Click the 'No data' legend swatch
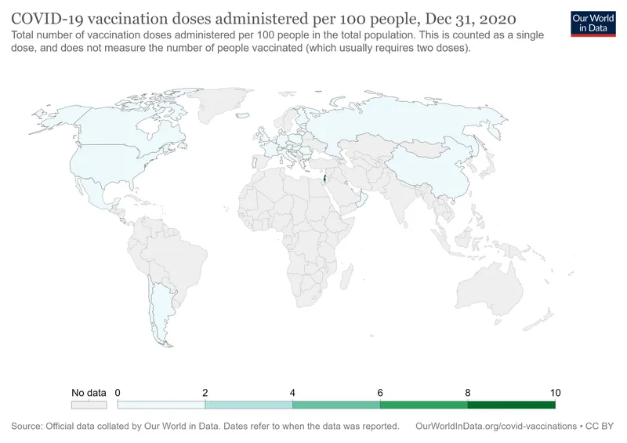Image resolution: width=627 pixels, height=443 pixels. click(x=89, y=405)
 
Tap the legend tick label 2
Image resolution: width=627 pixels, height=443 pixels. click(x=205, y=392)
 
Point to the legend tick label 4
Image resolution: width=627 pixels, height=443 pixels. click(x=292, y=392)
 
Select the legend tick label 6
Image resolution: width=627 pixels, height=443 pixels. click(x=380, y=392)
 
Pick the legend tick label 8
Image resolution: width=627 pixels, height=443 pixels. click(x=468, y=392)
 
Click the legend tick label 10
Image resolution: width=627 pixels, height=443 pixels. click(x=555, y=392)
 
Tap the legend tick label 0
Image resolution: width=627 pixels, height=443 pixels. click(x=118, y=392)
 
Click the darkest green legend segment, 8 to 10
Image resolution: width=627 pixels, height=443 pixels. click(x=511, y=405)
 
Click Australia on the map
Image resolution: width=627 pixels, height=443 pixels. click(x=490, y=286)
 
